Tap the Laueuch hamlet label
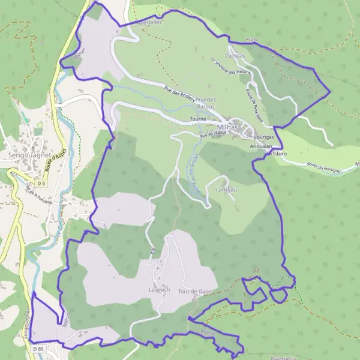click(x=159, y=289)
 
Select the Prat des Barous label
click(x=209, y=103)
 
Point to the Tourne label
click(x=198, y=119)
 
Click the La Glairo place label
click(x=278, y=154)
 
